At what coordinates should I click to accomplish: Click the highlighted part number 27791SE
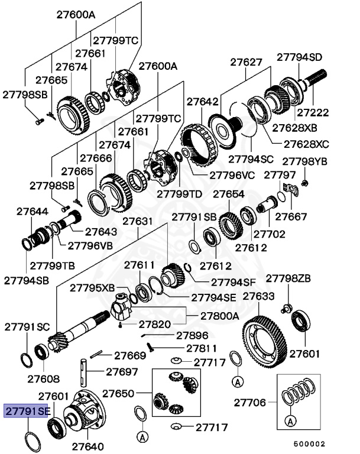coord(27,411)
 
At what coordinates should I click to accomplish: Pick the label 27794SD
coord(300,57)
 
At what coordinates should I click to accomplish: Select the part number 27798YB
coord(304,161)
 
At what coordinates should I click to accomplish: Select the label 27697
coord(122,372)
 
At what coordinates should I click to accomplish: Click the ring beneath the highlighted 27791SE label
coord(32,439)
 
